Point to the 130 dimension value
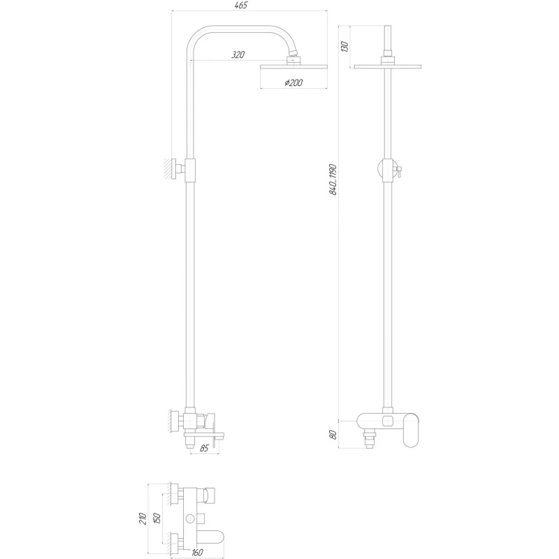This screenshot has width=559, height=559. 343,46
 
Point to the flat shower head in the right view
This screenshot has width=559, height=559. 387,68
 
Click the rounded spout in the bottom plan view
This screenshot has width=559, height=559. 210,539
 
